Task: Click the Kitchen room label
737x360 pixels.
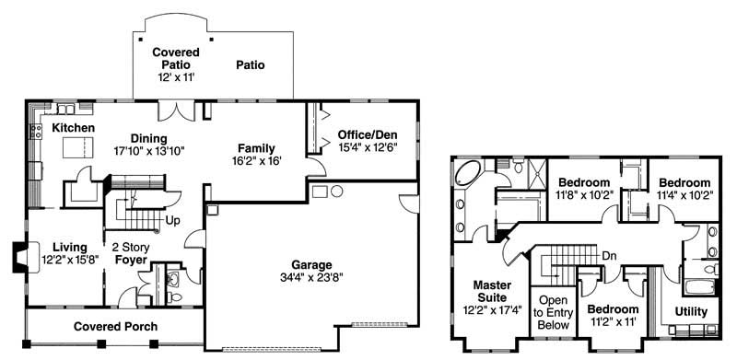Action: pos(74,127)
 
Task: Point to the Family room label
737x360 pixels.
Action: pos(256,148)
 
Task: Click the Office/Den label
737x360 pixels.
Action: pos(367,134)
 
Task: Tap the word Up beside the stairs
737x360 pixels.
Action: pos(172,221)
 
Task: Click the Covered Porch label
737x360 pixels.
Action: pos(115,327)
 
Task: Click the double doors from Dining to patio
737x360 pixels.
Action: pos(173,110)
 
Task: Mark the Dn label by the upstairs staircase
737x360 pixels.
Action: pos(608,255)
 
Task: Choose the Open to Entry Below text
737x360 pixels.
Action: pos(553,313)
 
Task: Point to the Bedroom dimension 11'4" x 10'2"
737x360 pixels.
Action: pos(684,195)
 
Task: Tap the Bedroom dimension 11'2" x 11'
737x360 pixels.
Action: pos(613,322)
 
